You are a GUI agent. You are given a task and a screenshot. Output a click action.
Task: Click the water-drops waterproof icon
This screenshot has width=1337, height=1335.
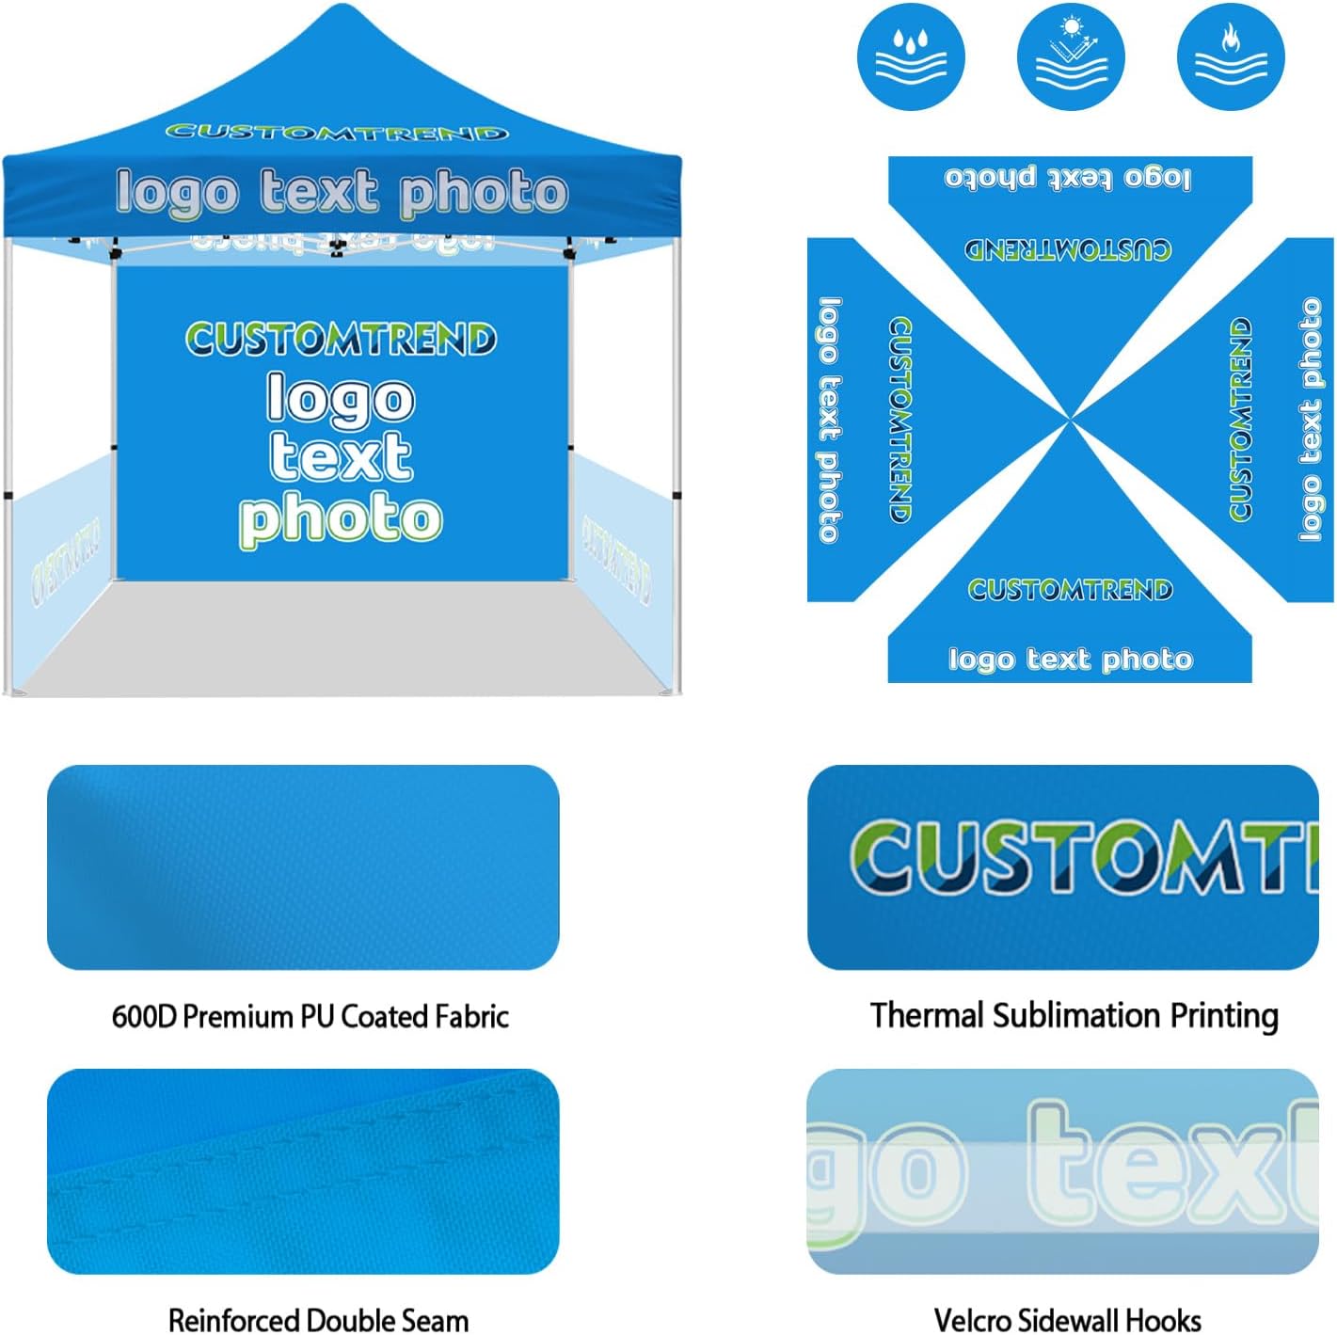[x=910, y=56]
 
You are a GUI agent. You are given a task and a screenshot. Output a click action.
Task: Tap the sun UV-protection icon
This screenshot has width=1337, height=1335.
[x=1071, y=56]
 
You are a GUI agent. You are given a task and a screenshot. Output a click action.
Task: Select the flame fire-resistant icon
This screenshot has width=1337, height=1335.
[x=1231, y=56]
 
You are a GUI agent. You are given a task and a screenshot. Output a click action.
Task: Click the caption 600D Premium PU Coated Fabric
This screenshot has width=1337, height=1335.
[x=310, y=1016]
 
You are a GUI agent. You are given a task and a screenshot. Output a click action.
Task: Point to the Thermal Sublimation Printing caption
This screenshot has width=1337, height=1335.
[x=1074, y=1015]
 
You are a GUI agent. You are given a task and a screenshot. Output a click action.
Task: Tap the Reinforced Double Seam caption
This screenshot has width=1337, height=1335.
[x=318, y=1319]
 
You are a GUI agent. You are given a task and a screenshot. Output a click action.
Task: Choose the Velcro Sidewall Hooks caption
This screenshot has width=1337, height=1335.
[x=1067, y=1319]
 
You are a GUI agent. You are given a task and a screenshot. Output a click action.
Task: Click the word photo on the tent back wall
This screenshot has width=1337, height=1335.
[x=341, y=518]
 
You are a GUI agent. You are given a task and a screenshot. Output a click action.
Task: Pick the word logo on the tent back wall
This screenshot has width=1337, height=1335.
[x=341, y=399]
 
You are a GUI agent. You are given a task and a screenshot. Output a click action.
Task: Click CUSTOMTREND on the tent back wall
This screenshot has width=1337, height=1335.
[x=341, y=340]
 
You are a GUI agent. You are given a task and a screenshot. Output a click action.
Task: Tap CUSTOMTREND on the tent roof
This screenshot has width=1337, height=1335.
[x=337, y=133]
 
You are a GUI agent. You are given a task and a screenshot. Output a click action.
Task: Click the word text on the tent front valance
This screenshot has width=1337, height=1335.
[x=319, y=192]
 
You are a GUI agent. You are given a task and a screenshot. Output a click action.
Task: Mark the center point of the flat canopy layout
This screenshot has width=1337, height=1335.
[x=1070, y=421]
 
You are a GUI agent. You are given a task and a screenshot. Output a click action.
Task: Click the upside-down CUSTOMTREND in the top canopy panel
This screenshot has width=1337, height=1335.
[x=1069, y=249]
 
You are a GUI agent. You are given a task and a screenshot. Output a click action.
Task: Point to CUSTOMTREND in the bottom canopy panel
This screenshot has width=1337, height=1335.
[x=1071, y=590]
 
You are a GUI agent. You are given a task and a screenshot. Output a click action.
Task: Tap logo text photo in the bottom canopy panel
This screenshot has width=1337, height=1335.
[x=1071, y=659]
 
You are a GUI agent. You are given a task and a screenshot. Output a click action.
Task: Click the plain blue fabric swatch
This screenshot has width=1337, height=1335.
[x=303, y=866]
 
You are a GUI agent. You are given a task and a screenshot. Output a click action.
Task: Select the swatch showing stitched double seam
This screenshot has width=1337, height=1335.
[x=303, y=1170]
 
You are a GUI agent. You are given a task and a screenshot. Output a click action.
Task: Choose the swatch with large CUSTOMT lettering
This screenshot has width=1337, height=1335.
[x=1063, y=866]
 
